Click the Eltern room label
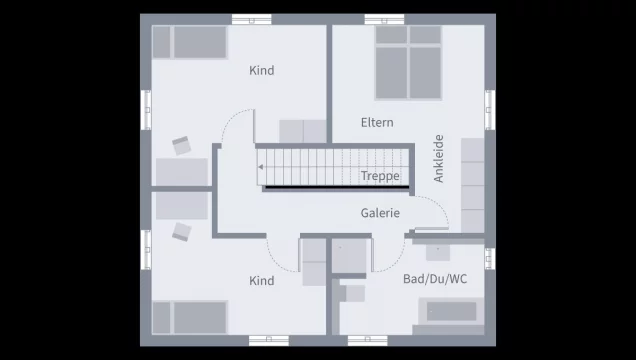(377, 122)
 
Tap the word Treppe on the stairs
(380, 176)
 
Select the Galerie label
(380, 213)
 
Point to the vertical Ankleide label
(438, 159)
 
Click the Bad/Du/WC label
(435, 279)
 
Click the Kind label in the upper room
(262, 71)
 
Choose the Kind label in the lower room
(262, 281)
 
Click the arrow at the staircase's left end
(261, 167)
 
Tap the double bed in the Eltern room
(408, 62)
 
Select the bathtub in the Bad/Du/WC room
(451, 311)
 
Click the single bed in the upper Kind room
(189, 42)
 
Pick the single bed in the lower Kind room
(189, 317)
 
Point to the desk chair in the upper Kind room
(181, 145)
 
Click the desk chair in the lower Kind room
(181, 231)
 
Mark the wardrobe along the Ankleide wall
(473, 185)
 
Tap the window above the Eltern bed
(384, 19)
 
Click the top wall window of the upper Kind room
(251, 19)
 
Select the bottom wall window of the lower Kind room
(269, 341)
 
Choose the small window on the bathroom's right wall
(490, 259)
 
